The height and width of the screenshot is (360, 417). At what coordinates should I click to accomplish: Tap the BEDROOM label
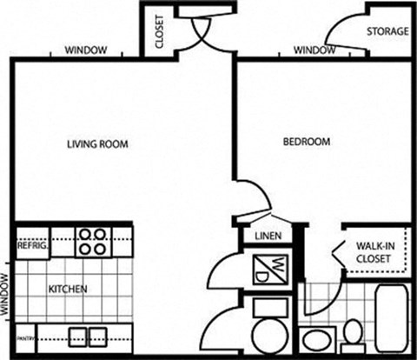coord(306,141)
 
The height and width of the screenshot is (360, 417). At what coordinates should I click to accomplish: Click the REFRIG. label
coord(31,246)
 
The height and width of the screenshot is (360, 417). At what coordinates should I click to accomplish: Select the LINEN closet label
coord(266,237)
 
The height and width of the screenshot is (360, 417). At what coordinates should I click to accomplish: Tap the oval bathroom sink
coord(314,337)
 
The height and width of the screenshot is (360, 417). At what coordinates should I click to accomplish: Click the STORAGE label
coord(387,31)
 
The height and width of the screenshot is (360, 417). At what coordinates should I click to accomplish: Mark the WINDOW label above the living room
coord(87,51)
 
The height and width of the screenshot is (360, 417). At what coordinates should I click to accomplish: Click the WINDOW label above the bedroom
coord(314,51)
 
